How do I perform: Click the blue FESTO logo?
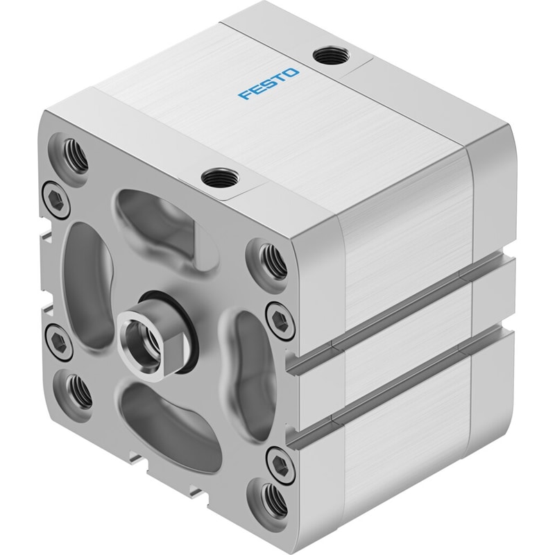pyautogui.click(x=268, y=83)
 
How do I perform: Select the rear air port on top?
pyautogui.click(x=332, y=55)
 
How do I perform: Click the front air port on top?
pyautogui.click(x=220, y=178)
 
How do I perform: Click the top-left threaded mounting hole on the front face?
pyautogui.click(x=74, y=155)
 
